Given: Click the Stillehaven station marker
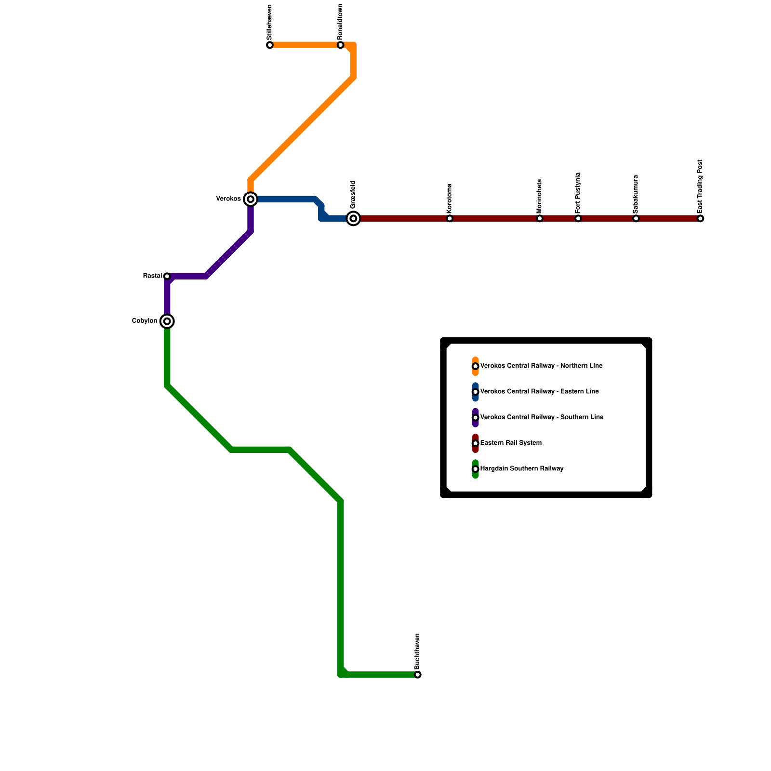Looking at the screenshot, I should pos(270,45).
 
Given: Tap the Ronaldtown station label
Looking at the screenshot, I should pos(340,22).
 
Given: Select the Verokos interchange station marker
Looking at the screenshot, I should pos(251,199).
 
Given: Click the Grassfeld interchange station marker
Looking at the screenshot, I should pos(353,219).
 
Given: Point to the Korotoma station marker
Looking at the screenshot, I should pos(450,219).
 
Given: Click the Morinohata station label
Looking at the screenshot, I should pos(539,196).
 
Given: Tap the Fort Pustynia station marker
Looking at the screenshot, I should pos(578,219).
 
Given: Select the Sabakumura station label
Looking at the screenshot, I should pos(636,194).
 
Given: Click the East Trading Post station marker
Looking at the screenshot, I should pos(700,219).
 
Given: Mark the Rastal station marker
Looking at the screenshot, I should pos(167,276).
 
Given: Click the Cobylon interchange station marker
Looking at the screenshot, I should pos(167,321).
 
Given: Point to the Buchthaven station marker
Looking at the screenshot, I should pos(418,675).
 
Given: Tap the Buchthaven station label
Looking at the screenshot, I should pos(417,651).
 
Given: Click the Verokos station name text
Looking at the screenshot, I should pos(228,199).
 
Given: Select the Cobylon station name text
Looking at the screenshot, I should pos(145,321).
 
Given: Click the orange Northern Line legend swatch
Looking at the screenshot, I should pos(476,366).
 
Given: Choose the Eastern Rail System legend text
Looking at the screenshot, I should pos(511,443).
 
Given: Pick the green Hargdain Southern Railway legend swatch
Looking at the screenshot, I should pos(476,469).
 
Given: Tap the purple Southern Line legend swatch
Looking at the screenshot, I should pos(476,418).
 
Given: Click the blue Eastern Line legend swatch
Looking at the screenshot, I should pos(476,392).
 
